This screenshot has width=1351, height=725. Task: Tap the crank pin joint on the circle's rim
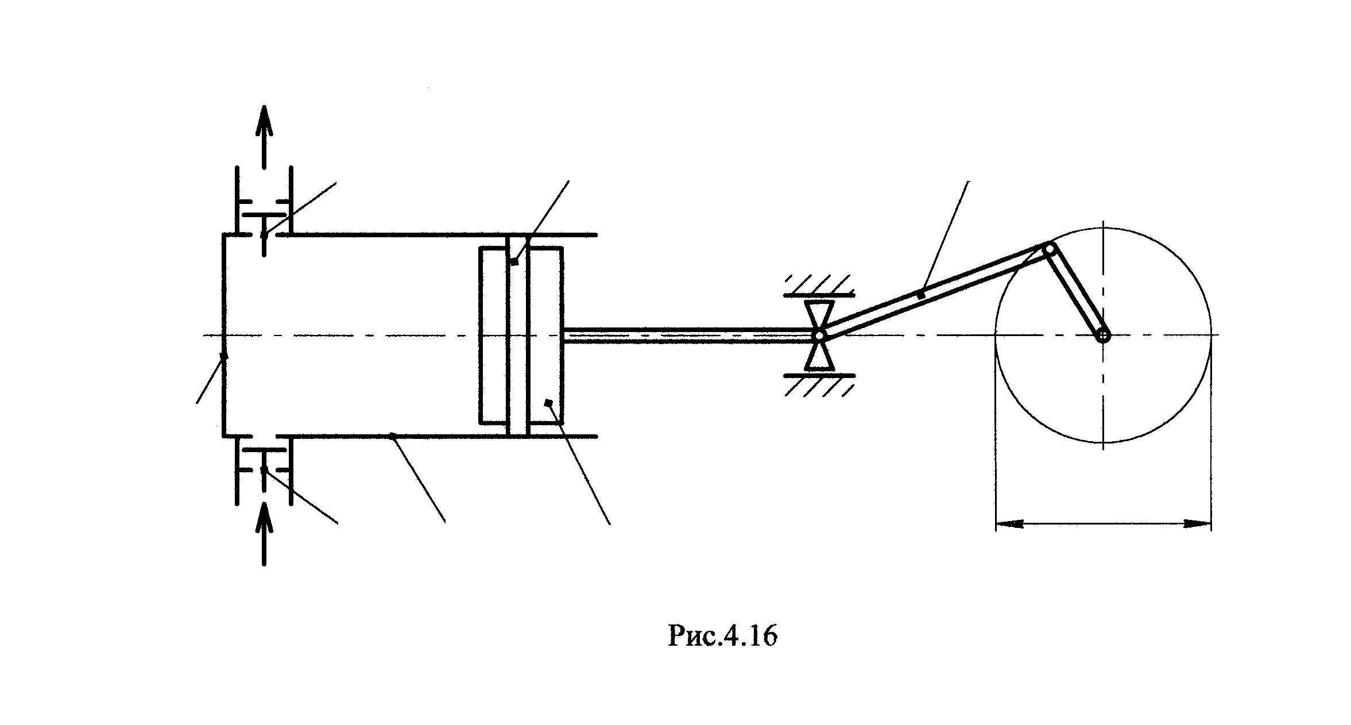(x=1049, y=249)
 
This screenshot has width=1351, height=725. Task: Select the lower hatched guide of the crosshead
(x=819, y=385)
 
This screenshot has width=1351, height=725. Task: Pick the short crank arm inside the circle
(x=1076, y=292)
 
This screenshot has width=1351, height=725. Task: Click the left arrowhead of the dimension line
(x=1008, y=524)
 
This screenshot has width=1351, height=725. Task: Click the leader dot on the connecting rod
(x=921, y=295)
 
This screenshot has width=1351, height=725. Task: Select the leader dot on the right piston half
(x=548, y=402)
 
